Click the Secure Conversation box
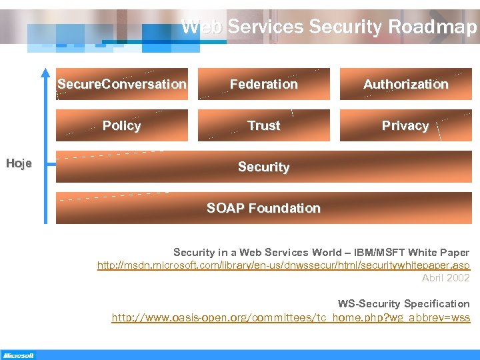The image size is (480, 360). [x=122, y=84]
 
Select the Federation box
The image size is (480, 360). [x=264, y=84]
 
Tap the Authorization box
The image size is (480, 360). [x=405, y=84]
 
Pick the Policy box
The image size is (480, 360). [x=122, y=125]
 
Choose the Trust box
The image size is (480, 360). [x=264, y=125]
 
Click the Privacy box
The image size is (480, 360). [x=405, y=125]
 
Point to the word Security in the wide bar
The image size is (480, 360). [x=264, y=167]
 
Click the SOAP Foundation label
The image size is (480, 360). [x=264, y=208]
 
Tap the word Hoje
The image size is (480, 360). [x=19, y=164]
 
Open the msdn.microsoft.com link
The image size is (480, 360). [x=283, y=265]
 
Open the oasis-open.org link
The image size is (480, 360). [x=291, y=317]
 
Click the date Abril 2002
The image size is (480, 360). [x=446, y=278]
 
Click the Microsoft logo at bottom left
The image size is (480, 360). [x=18, y=355]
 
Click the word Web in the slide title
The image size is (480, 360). [x=202, y=27]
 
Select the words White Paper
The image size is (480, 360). [x=439, y=253]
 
